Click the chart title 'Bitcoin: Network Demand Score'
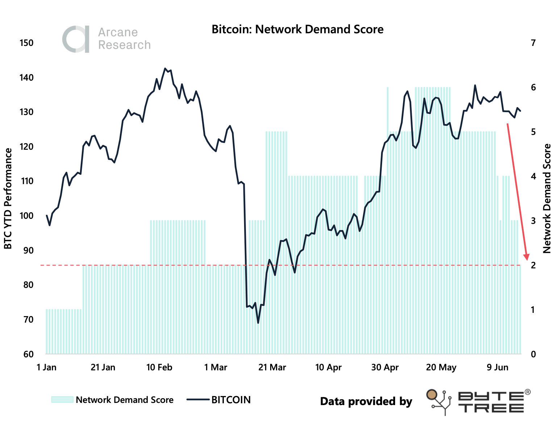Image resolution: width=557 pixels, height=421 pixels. click(297, 29)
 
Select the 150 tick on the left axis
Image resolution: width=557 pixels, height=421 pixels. click(26, 43)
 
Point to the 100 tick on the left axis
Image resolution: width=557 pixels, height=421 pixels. click(26, 216)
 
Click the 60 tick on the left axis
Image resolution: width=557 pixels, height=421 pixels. click(28, 354)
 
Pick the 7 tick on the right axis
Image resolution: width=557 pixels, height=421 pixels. click(533, 43)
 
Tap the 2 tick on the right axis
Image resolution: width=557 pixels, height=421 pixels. click(533, 265)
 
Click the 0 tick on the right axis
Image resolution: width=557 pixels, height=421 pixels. click(533, 354)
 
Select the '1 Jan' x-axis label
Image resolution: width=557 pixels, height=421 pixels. click(47, 367)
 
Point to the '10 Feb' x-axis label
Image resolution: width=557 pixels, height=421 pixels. click(159, 367)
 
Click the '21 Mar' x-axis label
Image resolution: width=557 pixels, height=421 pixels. click(272, 367)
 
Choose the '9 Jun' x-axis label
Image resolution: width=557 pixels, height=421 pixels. click(498, 367)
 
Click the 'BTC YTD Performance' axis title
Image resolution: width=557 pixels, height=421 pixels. click(8, 199)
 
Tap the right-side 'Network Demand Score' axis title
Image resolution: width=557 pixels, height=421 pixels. click(547, 199)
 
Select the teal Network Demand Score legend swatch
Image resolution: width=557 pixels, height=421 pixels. click(62, 400)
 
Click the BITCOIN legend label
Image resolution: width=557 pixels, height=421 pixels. click(231, 400)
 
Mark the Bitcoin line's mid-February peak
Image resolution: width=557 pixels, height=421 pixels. click(165, 68)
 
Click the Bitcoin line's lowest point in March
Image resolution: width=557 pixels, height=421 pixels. click(258, 323)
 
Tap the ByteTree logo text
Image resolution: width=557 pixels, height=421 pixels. click(491, 402)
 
